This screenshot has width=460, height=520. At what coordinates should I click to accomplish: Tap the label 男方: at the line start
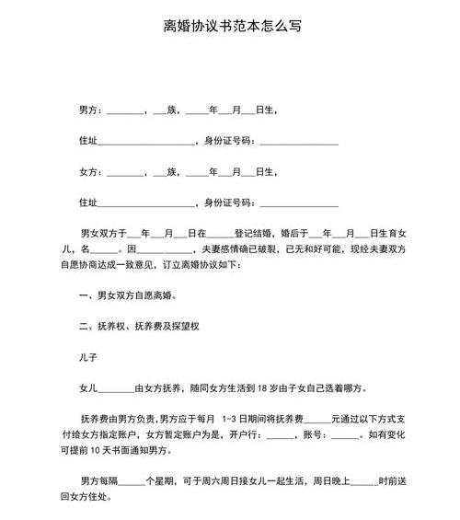pos(90,110)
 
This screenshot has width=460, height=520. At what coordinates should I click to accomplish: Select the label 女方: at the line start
pos(90,172)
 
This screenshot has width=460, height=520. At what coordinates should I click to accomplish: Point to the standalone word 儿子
pos(90,355)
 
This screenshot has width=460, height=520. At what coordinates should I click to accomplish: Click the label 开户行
pos(250,435)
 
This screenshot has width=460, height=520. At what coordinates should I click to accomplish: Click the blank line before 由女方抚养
pos(115,388)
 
